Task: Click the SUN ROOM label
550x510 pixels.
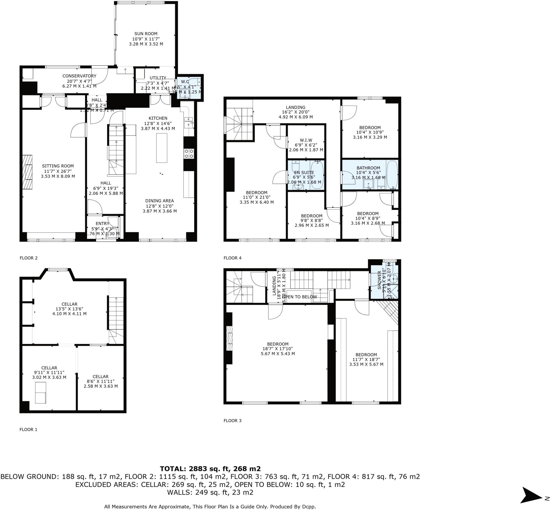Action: click(x=146, y=34)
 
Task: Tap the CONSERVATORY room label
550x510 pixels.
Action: click(x=79, y=76)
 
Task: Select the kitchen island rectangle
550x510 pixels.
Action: click(x=161, y=148)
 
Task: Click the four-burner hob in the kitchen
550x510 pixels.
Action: click(x=189, y=154)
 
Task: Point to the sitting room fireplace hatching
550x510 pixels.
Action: click(x=27, y=172)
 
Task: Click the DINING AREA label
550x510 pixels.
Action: click(x=160, y=201)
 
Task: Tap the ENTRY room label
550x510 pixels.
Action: click(x=102, y=224)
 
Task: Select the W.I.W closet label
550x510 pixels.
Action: click(x=306, y=140)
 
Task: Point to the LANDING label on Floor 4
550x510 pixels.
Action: click(x=295, y=107)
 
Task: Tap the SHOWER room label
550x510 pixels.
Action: click(x=379, y=280)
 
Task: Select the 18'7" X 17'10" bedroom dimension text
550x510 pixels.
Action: click(x=277, y=349)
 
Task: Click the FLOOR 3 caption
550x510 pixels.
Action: click(x=232, y=421)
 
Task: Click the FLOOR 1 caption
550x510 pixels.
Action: click(x=28, y=429)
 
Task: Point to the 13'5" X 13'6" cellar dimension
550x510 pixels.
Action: click(x=69, y=309)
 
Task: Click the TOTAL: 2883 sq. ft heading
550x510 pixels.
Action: click(x=210, y=469)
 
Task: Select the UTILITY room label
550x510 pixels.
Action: click(x=158, y=78)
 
